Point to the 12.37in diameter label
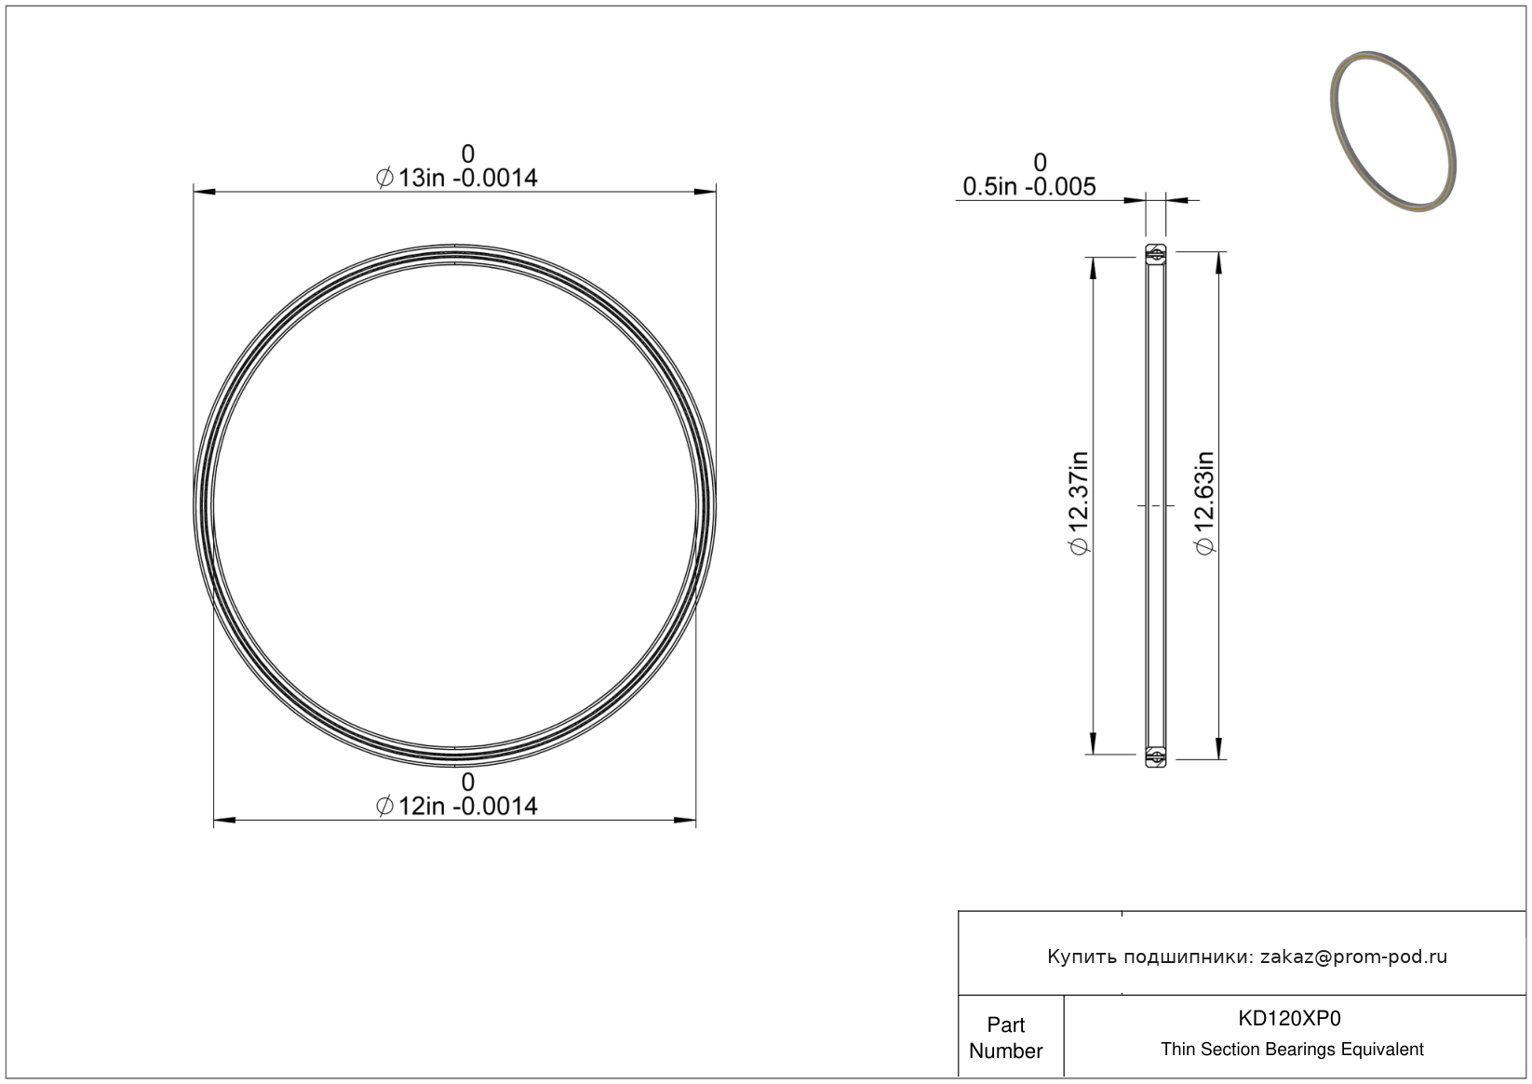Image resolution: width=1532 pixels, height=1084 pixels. pos(1079,503)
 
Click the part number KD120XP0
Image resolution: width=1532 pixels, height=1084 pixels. pos(1289,1018)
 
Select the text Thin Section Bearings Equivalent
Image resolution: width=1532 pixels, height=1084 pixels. pos(1292,1050)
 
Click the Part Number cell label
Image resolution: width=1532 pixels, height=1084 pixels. pos(1005,1037)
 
